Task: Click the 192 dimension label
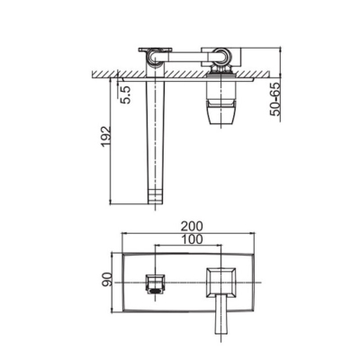click(x=106, y=137)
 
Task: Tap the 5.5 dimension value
click(x=126, y=94)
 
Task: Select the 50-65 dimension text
click(x=274, y=99)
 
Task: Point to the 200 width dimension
click(x=192, y=226)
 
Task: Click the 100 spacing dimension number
click(x=192, y=239)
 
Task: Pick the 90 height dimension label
click(x=107, y=280)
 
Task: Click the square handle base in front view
click(x=221, y=283)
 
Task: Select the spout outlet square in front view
click(x=156, y=283)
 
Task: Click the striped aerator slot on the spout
click(x=156, y=291)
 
